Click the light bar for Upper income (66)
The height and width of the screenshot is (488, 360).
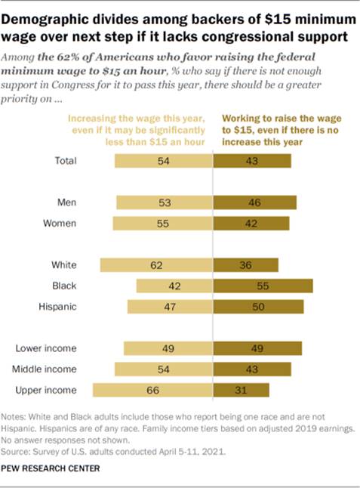tap(152, 390)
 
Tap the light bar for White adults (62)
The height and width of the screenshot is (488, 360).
tap(156, 264)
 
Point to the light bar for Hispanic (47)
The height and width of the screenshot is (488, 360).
tap(170, 306)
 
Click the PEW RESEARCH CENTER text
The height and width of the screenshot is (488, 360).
tap(57, 468)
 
